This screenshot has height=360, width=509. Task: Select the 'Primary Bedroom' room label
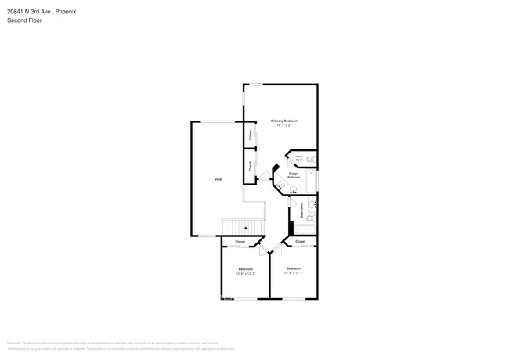(286, 120)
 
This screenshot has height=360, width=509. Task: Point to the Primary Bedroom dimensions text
(286, 125)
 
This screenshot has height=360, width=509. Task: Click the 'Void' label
(218, 179)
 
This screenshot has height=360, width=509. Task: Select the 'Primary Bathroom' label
(294, 175)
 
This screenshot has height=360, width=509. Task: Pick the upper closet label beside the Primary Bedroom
(251, 135)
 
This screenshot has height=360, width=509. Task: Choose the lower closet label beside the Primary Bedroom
(251, 166)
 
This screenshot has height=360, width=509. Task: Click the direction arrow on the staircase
(245, 227)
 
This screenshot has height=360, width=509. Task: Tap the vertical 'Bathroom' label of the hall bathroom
(302, 212)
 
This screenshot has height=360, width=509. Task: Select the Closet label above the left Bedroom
(240, 242)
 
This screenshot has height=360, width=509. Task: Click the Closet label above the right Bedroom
(300, 242)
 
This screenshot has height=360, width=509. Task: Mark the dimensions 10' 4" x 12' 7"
(294, 273)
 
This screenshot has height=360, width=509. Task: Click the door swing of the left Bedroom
(266, 250)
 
